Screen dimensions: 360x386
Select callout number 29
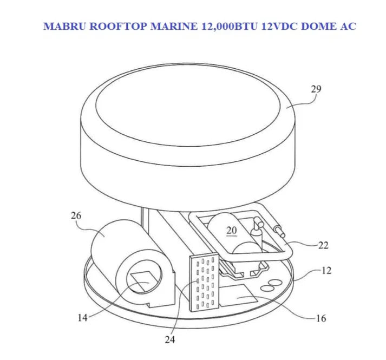pyautogui.click(x=316, y=89)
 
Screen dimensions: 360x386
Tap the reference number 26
pyautogui.click(x=76, y=216)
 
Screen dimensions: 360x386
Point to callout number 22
pyautogui.click(x=323, y=245)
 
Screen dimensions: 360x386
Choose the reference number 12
pyautogui.click(x=326, y=270)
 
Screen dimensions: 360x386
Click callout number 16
pyautogui.click(x=321, y=318)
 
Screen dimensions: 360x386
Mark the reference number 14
pyautogui.click(x=82, y=318)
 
